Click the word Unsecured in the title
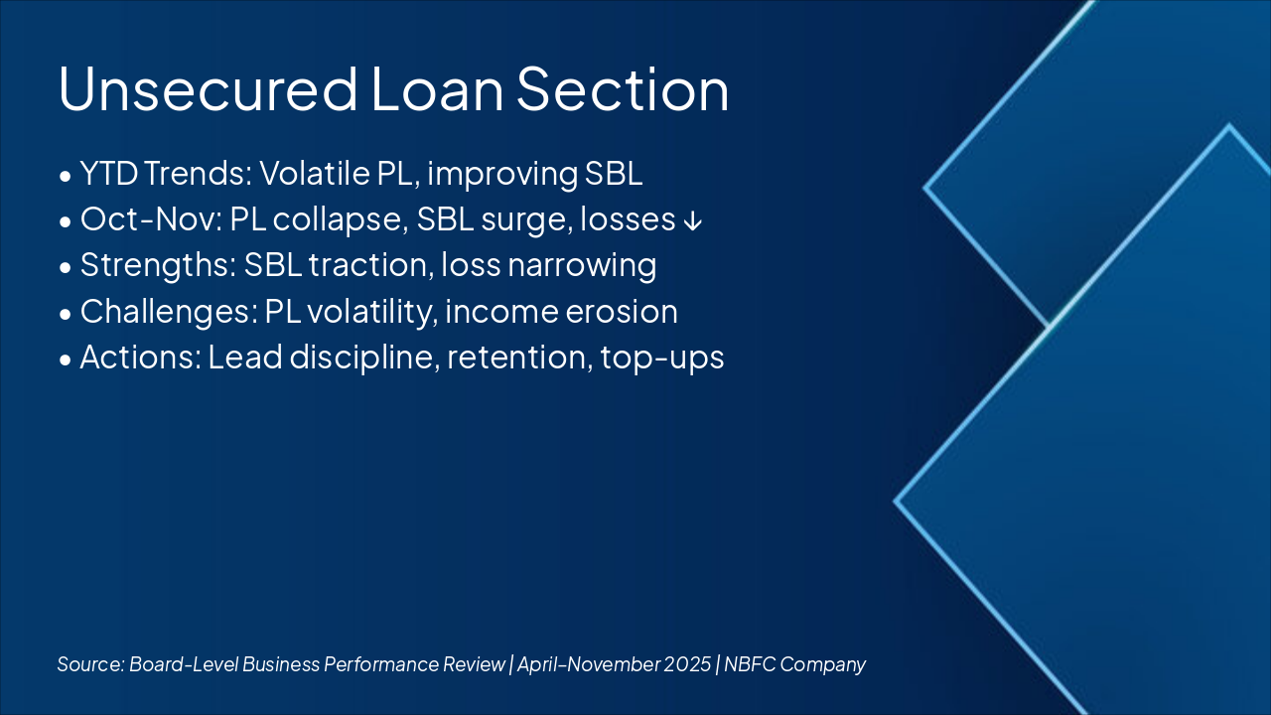pyautogui.click(x=208, y=89)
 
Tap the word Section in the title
pyautogui.click(x=623, y=89)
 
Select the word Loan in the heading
pyautogui.click(x=438, y=89)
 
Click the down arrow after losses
pyautogui.click(x=693, y=220)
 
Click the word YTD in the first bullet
pyautogui.click(x=109, y=173)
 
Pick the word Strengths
pyautogui.click(x=158, y=265)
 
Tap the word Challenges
pyautogui.click(x=169, y=312)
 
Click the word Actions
pyautogui.click(x=141, y=357)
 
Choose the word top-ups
pyautogui.click(x=662, y=358)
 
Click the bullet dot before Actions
pyautogui.click(x=66, y=359)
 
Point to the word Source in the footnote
pyautogui.click(x=90, y=664)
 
